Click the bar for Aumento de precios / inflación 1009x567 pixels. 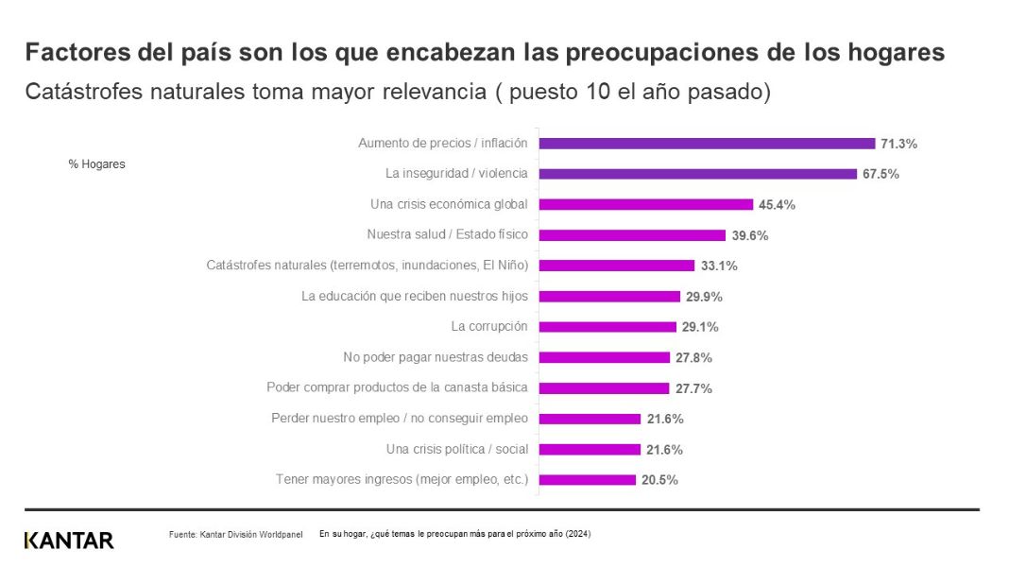point(707,144)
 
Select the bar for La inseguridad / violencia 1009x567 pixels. point(697,174)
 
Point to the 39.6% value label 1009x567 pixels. point(749,235)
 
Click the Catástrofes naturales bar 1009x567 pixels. point(617,266)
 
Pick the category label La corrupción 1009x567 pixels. point(489,327)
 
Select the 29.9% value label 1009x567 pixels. point(704,297)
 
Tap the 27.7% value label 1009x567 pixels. point(693,388)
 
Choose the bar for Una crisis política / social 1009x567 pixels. point(590,449)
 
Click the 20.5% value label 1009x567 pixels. point(659,480)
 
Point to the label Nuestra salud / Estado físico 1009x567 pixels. point(447,235)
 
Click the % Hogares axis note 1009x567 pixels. point(96,164)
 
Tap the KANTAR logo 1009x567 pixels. point(69,541)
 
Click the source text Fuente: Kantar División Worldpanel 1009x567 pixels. point(235,535)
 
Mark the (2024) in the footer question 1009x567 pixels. point(578,534)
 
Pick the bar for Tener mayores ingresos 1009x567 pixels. point(588,480)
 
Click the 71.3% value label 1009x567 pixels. point(898,145)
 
